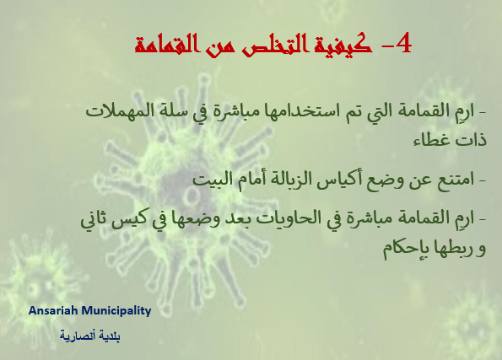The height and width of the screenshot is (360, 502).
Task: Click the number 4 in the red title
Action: pyautogui.click(x=403, y=43)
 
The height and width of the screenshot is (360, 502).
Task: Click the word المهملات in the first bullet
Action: pyautogui.click(x=112, y=111)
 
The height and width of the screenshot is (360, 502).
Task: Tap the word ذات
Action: pyautogui.click(x=472, y=140)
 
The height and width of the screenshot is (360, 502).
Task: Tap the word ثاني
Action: pyautogui.click(x=94, y=220)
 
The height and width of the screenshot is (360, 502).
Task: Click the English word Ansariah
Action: pyautogui.click(x=53, y=310)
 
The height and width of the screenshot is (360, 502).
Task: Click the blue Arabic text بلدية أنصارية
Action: pyautogui.click(x=90, y=336)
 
